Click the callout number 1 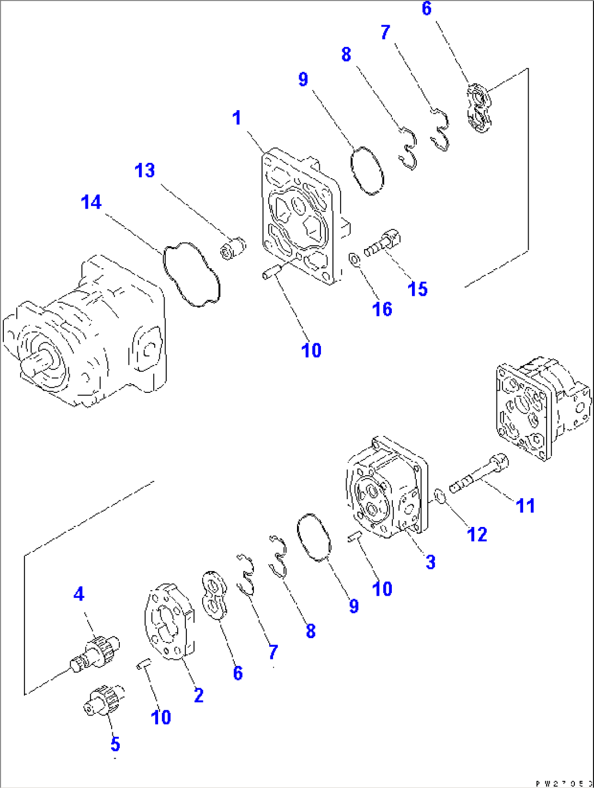pyautogui.click(x=237, y=118)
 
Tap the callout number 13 pyautogui.click(x=145, y=171)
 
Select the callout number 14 pyautogui.click(x=92, y=202)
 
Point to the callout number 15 pyautogui.click(x=418, y=289)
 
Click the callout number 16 pyautogui.click(x=382, y=309)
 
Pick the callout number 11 pyautogui.click(x=525, y=505)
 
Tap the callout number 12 pyautogui.click(x=477, y=534)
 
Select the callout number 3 pyautogui.click(x=431, y=562)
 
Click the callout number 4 pyautogui.click(x=79, y=593)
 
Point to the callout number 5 pyautogui.click(x=115, y=744)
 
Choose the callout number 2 pyautogui.click(x=199, y=695)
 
